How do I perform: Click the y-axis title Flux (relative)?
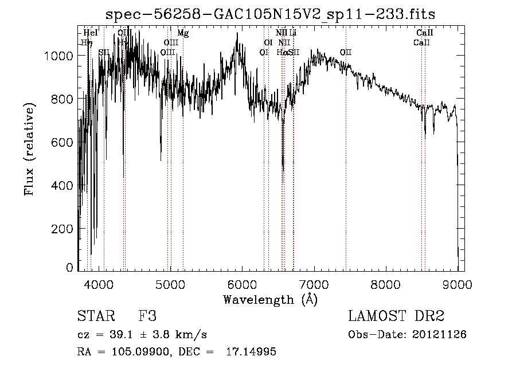click(29, 149)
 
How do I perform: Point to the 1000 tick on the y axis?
click(60, 56)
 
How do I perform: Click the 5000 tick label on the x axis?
click(170, 283)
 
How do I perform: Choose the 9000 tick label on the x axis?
click(457, 283)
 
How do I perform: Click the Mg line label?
click(182, 33)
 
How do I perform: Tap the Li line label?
click(292, 33)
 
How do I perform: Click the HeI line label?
click(91, 33)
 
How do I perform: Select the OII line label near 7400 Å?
click(345, 52)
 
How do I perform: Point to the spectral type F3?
click(147, 316)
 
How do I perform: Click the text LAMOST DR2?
click(396, 316)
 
